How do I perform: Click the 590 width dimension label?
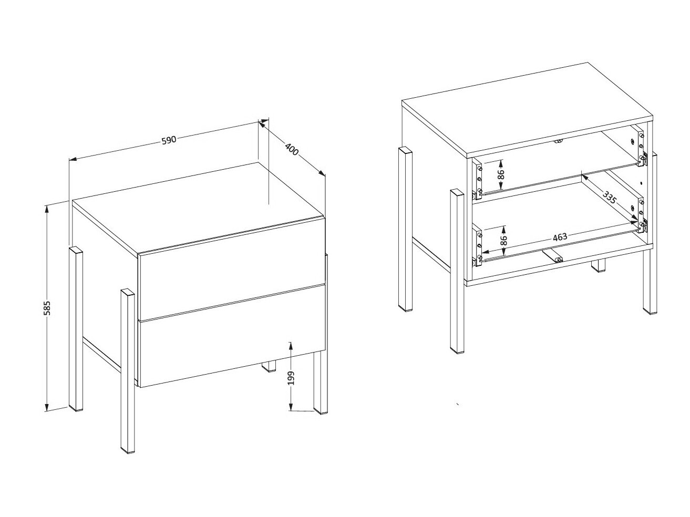point(169,140)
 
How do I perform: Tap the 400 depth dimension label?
point(292,149)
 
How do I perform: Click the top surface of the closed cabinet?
point(198,208)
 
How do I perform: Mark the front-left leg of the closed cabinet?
point(128,371)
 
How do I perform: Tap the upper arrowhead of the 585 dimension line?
point(47,209)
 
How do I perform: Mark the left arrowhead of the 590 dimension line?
point(73,159)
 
